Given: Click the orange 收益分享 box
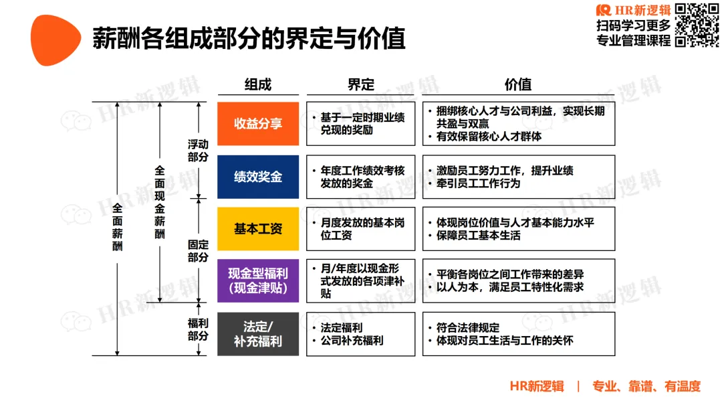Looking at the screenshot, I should point(258,124).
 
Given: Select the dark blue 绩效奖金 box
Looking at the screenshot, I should point(258,177).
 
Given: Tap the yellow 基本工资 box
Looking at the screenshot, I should point(258,229).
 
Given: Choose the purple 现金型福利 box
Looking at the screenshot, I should point(258,280).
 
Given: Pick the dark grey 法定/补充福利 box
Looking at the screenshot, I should point(258,333).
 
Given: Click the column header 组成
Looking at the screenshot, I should point(258,84).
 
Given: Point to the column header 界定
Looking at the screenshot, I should point(361,84).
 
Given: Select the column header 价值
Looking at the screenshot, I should point(518,84).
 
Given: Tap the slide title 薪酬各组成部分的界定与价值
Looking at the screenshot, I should point(249,39).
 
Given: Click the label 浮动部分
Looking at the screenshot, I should point(198,151).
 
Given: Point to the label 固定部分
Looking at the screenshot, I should point(198,251).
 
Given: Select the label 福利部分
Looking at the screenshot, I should point(198,329).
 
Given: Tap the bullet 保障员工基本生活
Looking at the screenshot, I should point(478,236).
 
